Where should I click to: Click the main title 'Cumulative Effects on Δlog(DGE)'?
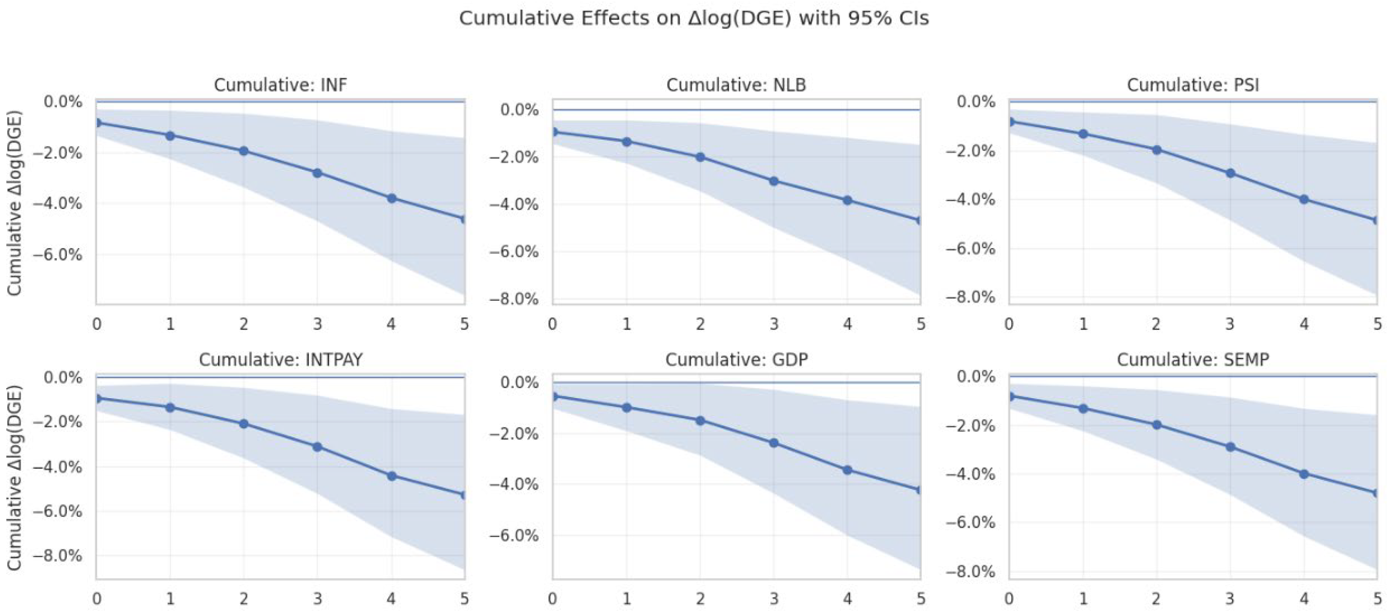point(694,18)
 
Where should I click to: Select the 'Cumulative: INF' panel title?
point(281,85)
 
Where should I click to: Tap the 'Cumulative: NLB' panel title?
point(736,85)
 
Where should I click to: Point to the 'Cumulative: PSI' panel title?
point(1193,85)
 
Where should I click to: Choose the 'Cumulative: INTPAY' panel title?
point(281,360)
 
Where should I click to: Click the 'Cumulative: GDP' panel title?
point(736,360)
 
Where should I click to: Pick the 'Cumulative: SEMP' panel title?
point(1193,360)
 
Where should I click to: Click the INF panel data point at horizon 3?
point(317,173)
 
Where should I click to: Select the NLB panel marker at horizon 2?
point(700,157)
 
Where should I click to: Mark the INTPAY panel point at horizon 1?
point(170,407)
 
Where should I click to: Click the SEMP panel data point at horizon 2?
point(1157,425)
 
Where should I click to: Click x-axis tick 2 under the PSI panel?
point(1157,324)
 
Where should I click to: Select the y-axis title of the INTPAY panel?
point(14,477)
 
